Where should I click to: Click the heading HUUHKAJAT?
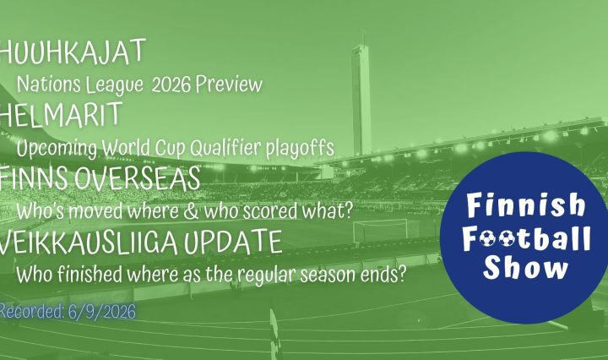click(x=72, y=52)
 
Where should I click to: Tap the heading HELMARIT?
click(x=61, y=115)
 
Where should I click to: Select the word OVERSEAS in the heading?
click(x=137, y=178)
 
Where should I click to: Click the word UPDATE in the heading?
click(x=233, y=242)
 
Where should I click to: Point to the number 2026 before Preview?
click(x=171, y=85)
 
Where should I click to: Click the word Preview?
click(x=229, y=85)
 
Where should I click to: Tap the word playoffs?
click(x=300, y=148)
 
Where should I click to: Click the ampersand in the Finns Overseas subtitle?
click(x=191, y=211)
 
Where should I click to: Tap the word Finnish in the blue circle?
click(x=526, y=205)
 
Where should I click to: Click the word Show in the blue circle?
click(x=525, y=267)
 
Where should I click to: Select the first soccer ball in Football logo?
click(x=487, y=239)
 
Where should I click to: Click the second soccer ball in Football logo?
click(x=507, y=239)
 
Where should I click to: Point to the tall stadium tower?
click(x=361, y=99)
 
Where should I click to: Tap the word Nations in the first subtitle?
click(x=49, y=85)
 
